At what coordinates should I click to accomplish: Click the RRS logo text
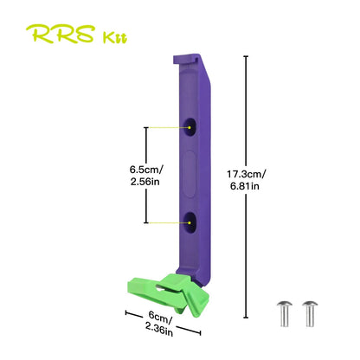(61, 34)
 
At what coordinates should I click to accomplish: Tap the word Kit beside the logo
(115, 38)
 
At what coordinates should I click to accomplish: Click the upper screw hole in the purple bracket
(190, 126)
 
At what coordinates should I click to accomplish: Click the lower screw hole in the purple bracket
(190, 222)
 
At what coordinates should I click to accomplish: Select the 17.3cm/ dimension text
(247, 174)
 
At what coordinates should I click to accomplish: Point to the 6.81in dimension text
(245, 186)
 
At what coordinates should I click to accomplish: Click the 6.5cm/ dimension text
(146, 170)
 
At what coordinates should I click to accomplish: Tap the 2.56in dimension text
(145, 182)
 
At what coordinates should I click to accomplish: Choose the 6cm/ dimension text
(161, 317)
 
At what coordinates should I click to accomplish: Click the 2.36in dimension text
(159, 330)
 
